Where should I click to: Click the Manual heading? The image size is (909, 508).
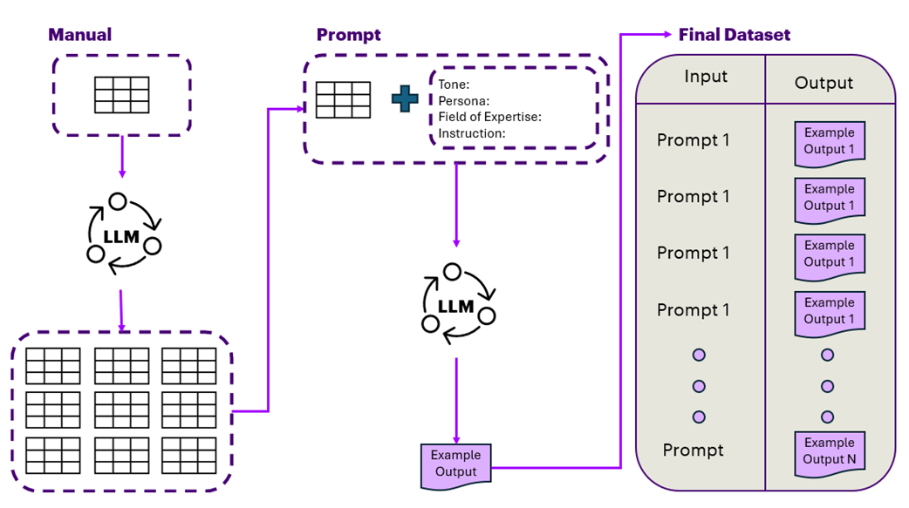[79, 35]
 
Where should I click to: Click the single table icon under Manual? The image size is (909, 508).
[121, 95]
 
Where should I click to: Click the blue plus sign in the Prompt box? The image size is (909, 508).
[405, 98]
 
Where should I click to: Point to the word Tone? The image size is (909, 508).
[454, 85]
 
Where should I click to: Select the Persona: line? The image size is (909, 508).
[463, 101]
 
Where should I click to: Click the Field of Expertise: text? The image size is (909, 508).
[489, 117]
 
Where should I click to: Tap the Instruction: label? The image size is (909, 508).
[471, 133]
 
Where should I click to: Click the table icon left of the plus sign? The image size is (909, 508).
[343, 99]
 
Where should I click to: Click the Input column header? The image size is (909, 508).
[705, 77]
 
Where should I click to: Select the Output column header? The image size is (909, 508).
[823, 83]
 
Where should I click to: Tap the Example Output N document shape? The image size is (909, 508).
[830, 452]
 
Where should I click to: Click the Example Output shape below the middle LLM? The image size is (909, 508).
[455, 464]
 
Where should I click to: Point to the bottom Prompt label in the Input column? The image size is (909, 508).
[693, 450]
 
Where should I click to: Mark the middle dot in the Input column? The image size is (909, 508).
[698, 386]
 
